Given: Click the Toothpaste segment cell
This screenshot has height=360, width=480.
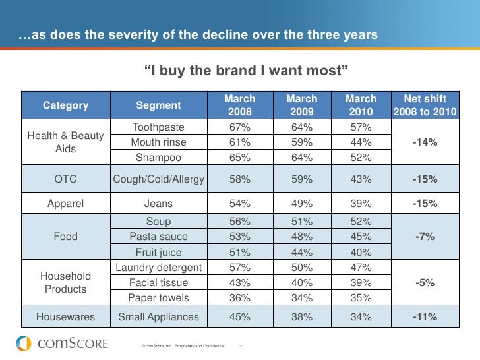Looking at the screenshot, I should (158, 127).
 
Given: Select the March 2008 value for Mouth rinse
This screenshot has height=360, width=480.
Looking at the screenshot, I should (239, 142).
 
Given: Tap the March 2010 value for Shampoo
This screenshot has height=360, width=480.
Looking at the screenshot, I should (361, 157).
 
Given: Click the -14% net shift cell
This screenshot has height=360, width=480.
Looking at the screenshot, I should (425, 142).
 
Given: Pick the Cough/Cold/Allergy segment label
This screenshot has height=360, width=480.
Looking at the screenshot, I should (158, 179).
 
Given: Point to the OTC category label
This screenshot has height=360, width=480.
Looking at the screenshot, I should (65, 179).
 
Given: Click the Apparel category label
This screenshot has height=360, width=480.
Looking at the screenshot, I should (65, 204).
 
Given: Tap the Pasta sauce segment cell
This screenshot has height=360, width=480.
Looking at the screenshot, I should (158, 236).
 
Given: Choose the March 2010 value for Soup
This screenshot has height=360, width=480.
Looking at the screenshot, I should (361, 222).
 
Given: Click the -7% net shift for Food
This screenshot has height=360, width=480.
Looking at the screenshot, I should (425, 236).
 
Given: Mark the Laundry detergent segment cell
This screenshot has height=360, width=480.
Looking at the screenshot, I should (158, 267).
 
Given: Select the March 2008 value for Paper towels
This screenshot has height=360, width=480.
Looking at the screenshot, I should (239, 297).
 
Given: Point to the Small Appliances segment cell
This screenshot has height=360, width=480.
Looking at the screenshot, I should (158, 317).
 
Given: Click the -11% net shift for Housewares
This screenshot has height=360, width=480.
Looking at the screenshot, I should (425, 317).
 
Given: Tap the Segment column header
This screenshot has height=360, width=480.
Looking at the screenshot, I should (158, 105).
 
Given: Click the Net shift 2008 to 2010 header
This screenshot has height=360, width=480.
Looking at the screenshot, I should (425, 105).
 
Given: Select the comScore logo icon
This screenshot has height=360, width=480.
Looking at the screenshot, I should (24, 344).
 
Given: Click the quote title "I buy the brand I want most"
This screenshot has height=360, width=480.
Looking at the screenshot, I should (245, 71).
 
